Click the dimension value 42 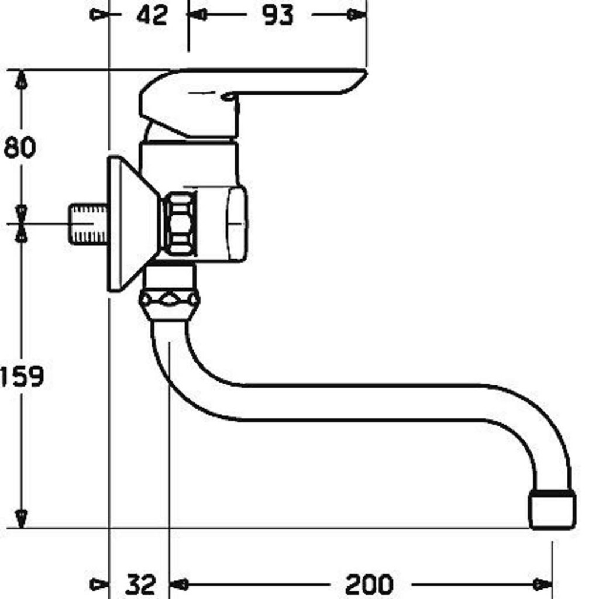point(152,15)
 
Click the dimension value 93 point(278,15)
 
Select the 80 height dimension point(19,147)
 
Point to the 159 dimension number point(22,376)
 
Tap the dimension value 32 point(141,584)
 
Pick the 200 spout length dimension point(369,584)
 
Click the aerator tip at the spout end point(552,510)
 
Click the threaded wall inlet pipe point(88,224)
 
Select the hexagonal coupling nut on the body point(180,224)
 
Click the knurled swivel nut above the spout point(169,300)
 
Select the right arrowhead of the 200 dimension point(542,584)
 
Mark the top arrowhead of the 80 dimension point(22,80)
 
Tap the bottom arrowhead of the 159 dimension point(22,518)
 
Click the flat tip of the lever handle point(357,80)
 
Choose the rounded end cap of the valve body point(237,224)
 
